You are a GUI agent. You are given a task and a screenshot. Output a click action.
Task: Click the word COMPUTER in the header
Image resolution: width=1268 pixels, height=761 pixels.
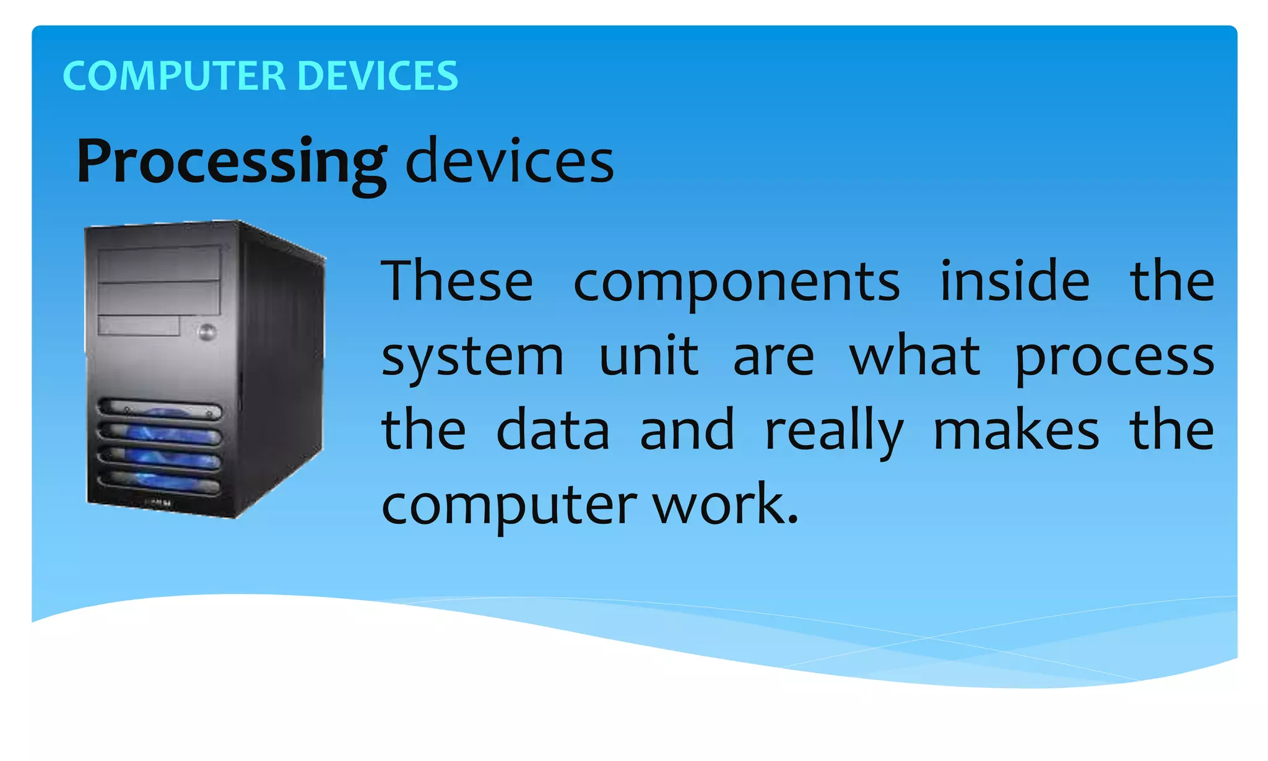click(x=174, y=76)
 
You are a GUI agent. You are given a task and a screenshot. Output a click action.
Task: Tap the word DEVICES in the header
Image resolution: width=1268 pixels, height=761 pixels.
click(x=378, y=76)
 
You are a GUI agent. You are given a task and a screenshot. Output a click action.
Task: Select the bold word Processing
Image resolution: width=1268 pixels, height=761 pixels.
click(x=232, y=162)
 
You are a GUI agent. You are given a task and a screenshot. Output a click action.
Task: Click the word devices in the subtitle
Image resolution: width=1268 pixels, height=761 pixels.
click(x=509, y=162)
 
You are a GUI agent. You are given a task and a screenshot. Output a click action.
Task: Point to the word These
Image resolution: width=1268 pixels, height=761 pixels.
click(x=457, y=282)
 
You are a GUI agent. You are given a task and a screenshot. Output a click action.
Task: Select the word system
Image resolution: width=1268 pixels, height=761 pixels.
click(x=472, y=358)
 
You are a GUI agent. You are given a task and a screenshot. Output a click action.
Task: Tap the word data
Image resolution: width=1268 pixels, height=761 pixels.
click(x=553, y=430)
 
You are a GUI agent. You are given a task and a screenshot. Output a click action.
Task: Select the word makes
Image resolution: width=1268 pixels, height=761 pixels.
click(x=1016, y=430)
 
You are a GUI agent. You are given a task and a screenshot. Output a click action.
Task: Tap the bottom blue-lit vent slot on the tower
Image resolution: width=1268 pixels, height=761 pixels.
click(x=160, y=481)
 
